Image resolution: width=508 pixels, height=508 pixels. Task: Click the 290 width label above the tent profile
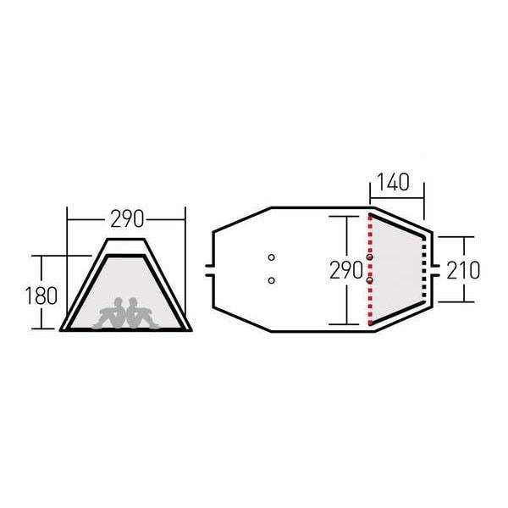pos(126,218)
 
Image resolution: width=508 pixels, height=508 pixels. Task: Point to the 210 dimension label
pos(463,270)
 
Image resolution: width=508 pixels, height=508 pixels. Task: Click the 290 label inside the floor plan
pos(346,270)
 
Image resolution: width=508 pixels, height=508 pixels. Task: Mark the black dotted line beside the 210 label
pos(423,268)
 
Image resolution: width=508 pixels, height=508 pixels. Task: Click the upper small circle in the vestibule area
pos(271,257)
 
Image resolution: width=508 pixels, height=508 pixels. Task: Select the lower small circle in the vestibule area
pos(271,279)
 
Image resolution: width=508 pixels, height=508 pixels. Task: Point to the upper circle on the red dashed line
pos(370,257)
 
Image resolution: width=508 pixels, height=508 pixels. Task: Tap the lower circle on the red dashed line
pos(370,279)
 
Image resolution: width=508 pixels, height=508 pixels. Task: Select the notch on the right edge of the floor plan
pos(433,270)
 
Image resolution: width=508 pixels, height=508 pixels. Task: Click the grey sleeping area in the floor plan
pos(396,268)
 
